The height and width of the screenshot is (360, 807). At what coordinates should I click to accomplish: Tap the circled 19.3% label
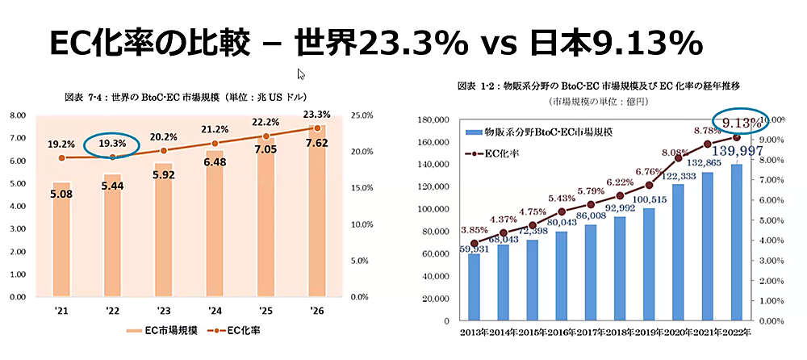(111, 144)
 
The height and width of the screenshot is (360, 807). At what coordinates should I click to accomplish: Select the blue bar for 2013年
(474, 287)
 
